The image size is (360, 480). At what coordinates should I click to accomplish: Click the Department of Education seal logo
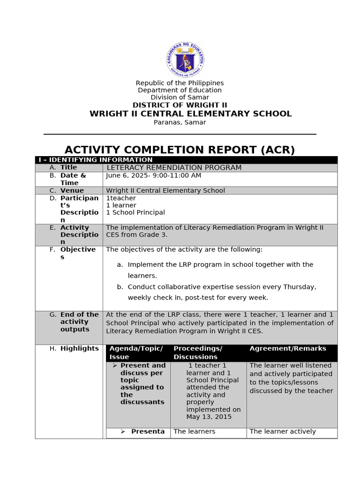point(185,59)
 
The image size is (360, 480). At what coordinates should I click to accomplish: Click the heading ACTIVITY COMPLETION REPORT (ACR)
point(180,150)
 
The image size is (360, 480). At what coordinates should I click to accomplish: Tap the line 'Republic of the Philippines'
point(180,83)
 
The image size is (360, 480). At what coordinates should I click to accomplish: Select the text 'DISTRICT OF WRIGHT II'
point(180,105)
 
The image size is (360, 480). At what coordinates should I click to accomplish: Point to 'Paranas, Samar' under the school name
point(180,122)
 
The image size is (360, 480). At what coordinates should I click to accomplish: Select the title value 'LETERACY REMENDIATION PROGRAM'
point(174,168)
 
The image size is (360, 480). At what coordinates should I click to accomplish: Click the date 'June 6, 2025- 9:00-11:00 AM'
point(153,175)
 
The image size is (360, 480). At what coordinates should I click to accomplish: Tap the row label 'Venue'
point(72,190)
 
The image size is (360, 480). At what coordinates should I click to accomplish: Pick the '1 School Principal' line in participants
point(135,212)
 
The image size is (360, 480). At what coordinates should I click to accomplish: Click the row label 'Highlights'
point(79,348)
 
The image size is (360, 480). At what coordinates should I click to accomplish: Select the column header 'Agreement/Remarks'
point(287,348)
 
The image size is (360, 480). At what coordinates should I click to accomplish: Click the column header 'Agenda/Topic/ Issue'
point(136,352)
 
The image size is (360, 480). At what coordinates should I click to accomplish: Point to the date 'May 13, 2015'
point(209,417)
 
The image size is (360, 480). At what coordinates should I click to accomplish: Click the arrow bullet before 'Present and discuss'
point(115,366)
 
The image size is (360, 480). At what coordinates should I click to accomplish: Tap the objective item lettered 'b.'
point(120,287)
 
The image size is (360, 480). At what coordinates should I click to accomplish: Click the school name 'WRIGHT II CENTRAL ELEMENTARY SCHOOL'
point(190,114)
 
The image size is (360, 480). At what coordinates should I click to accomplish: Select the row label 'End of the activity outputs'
point(79,322)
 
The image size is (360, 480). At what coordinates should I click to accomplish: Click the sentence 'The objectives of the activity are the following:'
point(184,249)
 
